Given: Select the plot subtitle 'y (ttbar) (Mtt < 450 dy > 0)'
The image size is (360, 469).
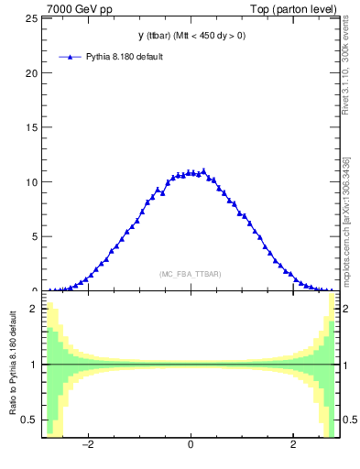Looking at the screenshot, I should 191,36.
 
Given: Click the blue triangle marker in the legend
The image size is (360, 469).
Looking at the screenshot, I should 71,57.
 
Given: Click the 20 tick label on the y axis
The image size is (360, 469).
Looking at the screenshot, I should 32,73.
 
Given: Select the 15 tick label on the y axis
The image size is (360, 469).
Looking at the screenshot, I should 32,127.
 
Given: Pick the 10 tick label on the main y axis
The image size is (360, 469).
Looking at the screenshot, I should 32,181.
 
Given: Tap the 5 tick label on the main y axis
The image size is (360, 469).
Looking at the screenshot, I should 35,235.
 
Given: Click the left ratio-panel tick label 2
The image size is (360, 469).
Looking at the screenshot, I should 35,310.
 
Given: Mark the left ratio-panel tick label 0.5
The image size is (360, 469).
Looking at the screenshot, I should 30,420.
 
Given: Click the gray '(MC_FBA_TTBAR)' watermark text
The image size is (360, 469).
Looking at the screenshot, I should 191,274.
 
